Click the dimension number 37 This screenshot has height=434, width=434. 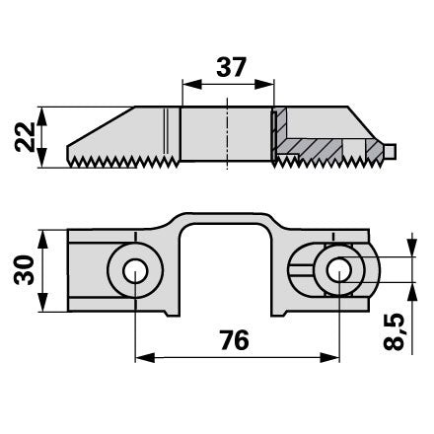[x=231, y=67]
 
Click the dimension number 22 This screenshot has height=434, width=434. [x=25, y=137]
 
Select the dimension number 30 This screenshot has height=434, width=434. [x=24, y=270]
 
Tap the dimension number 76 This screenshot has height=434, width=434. [x=235, y=340]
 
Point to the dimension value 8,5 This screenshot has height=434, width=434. [x=395, y=332]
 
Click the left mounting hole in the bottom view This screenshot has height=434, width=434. [x=135, y=271]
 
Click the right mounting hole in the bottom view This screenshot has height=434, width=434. [x=339, y=270]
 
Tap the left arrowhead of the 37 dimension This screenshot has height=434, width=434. [x=192, y=84]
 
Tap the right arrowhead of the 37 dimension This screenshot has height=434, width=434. [x=264, y=84]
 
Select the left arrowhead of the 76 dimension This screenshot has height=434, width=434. [x=145, y=358]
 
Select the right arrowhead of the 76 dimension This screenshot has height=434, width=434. [x=329, y=358]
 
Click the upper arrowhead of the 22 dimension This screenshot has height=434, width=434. [x=42, y=116]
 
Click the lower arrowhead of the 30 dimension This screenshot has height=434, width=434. [x=42, y=302]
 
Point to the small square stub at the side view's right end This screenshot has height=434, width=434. [x=390, y=150]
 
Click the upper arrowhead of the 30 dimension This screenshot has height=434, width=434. [x=42, y=240]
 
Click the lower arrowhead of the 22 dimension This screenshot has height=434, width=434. [x=42, y=158]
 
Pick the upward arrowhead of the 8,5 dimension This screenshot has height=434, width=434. [x=411, y=292]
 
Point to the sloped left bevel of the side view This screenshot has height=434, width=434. [x=101, y=126]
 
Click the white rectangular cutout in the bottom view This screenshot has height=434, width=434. [x=225, y=270]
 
